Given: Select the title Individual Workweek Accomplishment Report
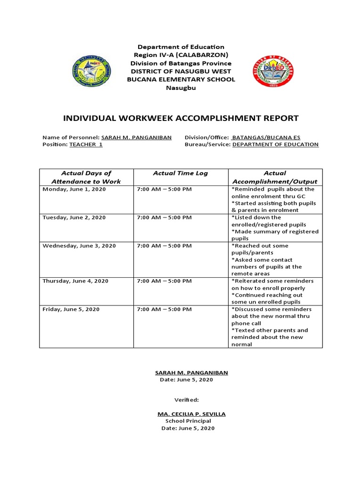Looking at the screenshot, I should pos(181,118).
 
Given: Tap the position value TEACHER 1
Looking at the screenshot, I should pos(86,145).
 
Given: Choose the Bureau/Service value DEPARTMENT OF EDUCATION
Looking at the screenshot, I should pos(275,145).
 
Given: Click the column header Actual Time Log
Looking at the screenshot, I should pos(181,173).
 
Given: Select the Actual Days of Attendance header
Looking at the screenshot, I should pos(86,177).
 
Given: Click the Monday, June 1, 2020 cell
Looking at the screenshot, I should pos(74,189).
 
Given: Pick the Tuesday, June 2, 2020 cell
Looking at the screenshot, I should pos(74,217).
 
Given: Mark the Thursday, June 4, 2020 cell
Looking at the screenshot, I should pos(75,281).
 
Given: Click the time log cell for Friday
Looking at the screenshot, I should pos(165,309).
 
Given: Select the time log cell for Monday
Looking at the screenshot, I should pos(165,189).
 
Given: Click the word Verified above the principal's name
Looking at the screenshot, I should pos(187,400).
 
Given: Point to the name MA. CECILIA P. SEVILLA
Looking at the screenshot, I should pos(191,414).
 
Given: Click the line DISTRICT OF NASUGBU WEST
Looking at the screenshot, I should pos(181,71).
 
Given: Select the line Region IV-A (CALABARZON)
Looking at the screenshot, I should pos(181,55).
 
